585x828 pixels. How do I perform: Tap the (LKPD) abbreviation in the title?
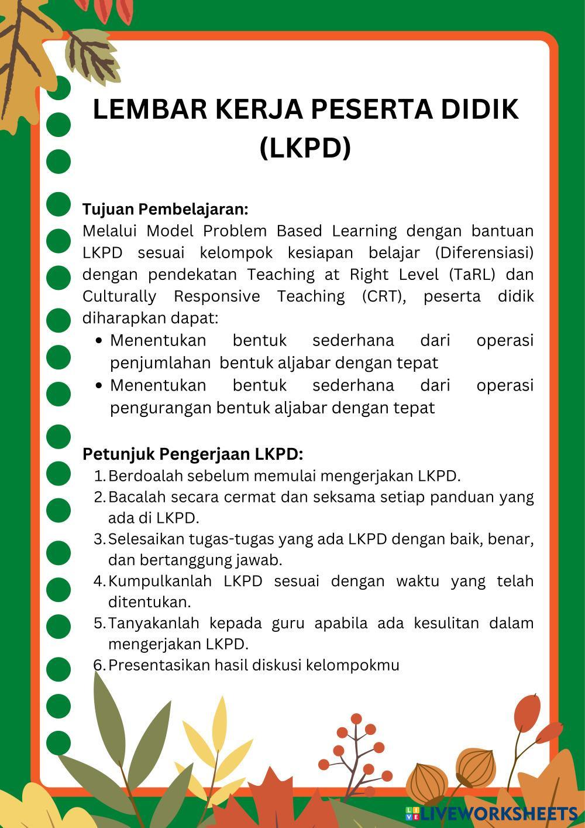point(305,147)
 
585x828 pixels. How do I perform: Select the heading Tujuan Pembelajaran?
point(166,209)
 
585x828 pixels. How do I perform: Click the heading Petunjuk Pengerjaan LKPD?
point(192,454)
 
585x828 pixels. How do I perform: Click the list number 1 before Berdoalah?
point(99,475)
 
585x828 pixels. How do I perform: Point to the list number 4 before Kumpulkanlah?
point(99,581)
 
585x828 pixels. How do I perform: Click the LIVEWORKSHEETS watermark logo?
point(491,814)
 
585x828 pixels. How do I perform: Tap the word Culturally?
point(119,296)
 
